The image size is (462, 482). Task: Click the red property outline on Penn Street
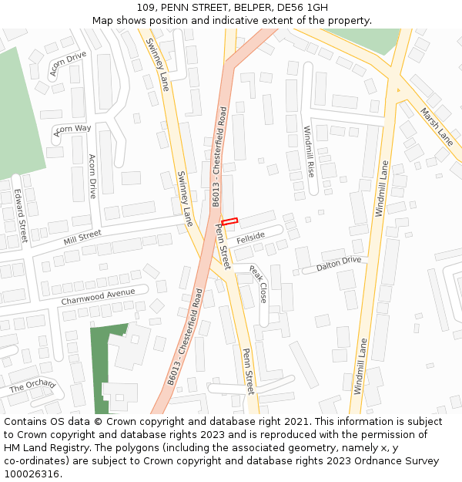[229, 221]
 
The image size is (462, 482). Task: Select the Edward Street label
[20, 216]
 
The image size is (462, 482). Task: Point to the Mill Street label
[82, 237]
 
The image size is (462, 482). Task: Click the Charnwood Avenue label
[98, 295]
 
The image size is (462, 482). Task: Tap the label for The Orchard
[32, 386]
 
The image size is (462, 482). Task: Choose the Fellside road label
[251, 238]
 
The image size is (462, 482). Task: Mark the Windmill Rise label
[309, 151]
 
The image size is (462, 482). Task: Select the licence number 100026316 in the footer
[31, 474]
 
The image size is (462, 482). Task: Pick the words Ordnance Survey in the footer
[397, 461]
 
